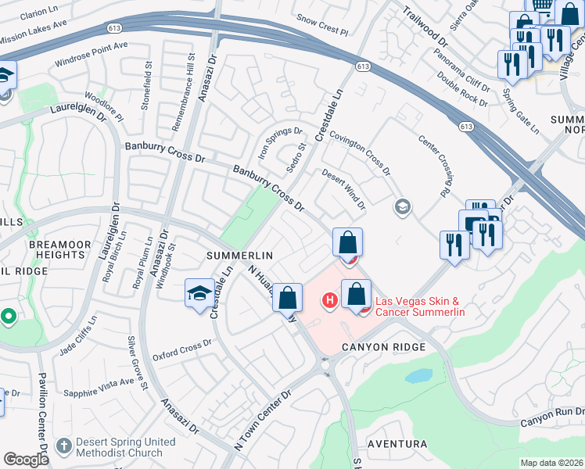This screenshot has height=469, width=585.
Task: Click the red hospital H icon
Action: click(x=330, y=299)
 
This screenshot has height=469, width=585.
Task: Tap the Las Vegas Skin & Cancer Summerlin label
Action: click(x=420, y=306)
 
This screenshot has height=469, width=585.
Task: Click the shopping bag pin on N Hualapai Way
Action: click(x=288, y=297)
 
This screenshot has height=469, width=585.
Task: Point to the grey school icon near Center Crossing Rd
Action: click(x=402, y=206)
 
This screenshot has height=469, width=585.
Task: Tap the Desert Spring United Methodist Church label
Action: click(x=124, y=447)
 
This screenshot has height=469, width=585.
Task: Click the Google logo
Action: click(x=26, y=460)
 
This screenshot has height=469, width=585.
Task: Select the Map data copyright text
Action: click(x=552, y=463)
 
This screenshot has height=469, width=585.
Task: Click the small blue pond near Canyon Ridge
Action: click(x=418, y=376)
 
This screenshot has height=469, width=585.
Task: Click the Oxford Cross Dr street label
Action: click(x=182, y=347)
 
